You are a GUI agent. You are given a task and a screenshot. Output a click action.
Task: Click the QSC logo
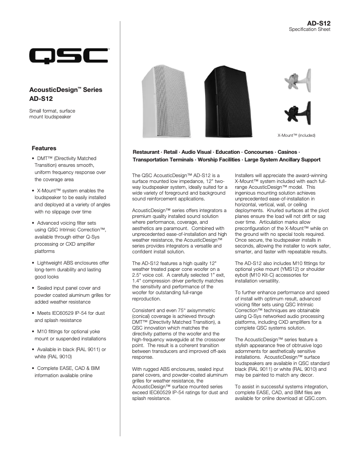point(68,57)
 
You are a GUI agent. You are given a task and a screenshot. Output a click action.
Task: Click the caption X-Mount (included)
point(297,135)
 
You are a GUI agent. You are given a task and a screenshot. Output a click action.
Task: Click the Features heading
point(44,148)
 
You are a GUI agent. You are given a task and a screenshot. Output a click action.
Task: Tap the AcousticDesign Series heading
point(66,90)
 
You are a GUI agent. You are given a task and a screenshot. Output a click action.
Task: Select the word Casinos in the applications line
point(286,152)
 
